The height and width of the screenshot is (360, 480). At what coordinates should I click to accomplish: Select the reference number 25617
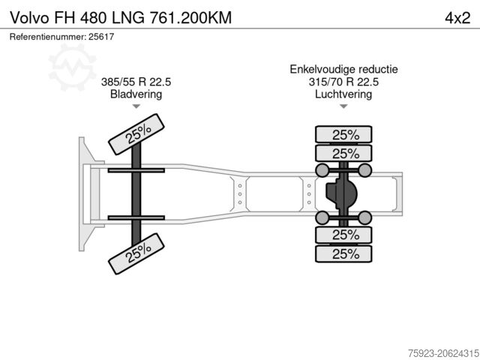(100, 37)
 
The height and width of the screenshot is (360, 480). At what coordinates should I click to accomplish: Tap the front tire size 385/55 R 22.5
(136, 82)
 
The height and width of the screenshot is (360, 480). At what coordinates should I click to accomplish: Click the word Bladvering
(136, 94)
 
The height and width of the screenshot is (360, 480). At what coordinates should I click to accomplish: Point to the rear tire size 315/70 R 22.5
(344, 82)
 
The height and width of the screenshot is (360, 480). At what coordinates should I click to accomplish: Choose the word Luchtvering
(344, 94)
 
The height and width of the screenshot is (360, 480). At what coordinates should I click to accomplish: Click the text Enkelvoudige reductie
(344, 69)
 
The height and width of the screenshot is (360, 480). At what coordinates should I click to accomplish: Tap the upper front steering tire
(136, 133)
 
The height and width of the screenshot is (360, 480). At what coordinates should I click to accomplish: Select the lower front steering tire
(136, 253)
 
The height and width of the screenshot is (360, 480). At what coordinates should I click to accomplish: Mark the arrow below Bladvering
(136, 106)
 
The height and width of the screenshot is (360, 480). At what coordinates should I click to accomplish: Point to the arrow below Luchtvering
(344, 106)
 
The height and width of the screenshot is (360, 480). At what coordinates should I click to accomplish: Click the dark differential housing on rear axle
(340, 194)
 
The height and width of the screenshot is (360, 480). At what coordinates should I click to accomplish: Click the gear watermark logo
(72, 64)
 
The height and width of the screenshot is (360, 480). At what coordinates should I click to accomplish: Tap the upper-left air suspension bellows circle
(323, 171)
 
